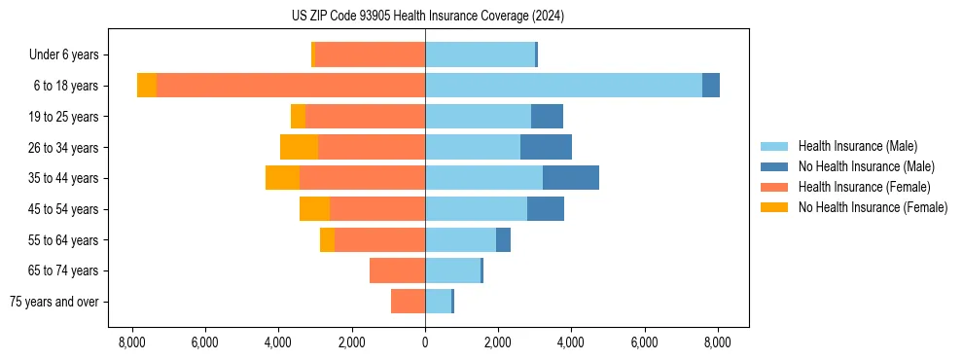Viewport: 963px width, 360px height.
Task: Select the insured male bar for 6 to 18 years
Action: (563, 86)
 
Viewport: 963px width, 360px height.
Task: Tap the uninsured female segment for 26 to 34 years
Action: (299, 147)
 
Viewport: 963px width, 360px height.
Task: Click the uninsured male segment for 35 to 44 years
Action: (570, 178)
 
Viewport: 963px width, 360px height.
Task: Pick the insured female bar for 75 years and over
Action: (408, 302)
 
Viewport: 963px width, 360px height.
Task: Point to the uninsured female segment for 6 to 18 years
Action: (147, 86)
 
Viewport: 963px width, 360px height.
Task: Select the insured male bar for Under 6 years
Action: (480, 54)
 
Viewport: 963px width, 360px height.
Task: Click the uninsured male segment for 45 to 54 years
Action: (545, 209)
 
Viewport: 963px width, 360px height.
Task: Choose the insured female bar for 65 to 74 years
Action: (397, 270)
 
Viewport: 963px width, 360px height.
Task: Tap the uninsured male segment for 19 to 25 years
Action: (547, 117)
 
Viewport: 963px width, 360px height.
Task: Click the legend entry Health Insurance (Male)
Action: (857, 146)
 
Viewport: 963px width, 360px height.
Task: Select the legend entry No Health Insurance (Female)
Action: (873, 207)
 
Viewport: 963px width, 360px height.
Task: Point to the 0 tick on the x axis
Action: (425, 342)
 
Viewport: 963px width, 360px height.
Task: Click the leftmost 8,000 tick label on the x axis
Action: (132, 342)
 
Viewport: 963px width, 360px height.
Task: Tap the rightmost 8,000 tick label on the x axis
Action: (718, 342)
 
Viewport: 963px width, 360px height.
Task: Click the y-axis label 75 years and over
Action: (54, 302)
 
